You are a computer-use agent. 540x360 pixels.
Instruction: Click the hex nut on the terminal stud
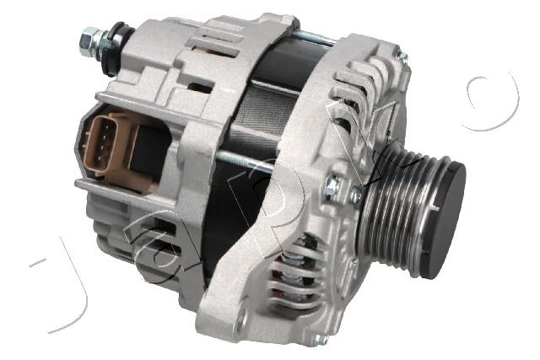point(88,38)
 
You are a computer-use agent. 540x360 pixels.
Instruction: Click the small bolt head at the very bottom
point(319,339)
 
